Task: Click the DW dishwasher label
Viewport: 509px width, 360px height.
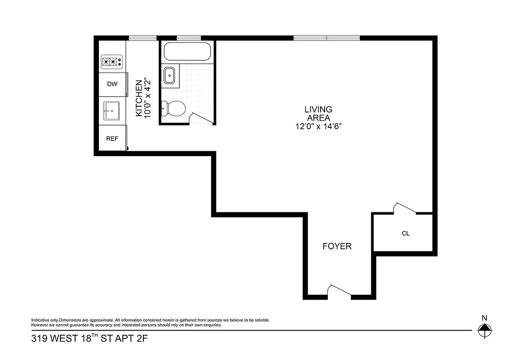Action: coord(112,84)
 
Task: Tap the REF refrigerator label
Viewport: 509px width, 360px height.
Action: coord(112,139)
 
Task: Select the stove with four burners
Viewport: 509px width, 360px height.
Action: coord(112,62)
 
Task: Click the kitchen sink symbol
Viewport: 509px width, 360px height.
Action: coord(112,110)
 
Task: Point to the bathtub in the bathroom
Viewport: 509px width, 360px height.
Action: coord(187,52)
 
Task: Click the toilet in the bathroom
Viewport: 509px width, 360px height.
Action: coord(174,109)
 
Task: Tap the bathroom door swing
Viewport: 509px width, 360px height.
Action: coord(200,118)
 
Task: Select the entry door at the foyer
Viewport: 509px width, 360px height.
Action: coord(339,292)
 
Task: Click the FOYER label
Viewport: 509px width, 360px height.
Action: coord(337,246)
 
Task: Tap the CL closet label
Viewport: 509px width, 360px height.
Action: coord(406,234)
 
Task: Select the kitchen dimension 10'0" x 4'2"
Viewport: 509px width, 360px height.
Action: coord(147,99)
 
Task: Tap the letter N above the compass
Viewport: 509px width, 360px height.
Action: coord(484,317)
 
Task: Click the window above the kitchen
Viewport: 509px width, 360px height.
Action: coord(143,38)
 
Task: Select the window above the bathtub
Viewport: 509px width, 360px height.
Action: coord(188,38)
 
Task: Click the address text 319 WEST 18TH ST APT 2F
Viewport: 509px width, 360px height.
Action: coord(89,338)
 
